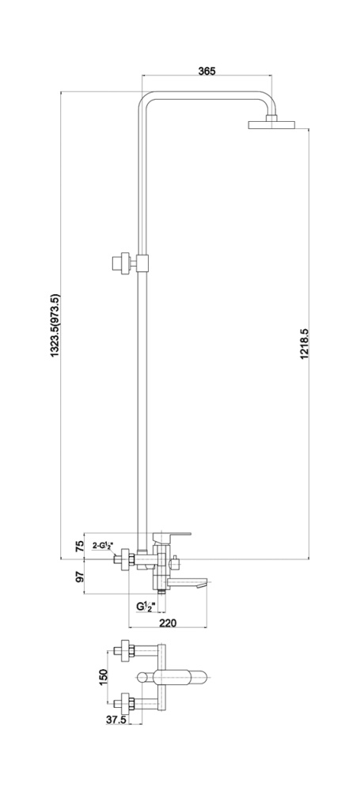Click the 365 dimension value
(x=207, y=70)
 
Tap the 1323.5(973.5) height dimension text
(x=55, y=326)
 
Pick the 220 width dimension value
(x=169, y=623)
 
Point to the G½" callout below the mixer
(x=143, y=607)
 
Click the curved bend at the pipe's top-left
(x=143, y=98)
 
